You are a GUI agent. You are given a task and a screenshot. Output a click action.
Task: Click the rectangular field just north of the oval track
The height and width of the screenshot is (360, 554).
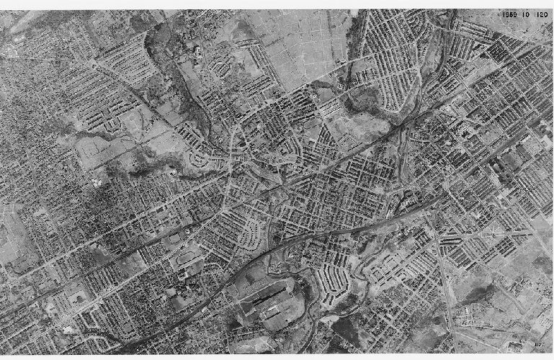point(176,238)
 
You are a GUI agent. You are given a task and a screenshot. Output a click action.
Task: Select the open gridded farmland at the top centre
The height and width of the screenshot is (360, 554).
point(303,43)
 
